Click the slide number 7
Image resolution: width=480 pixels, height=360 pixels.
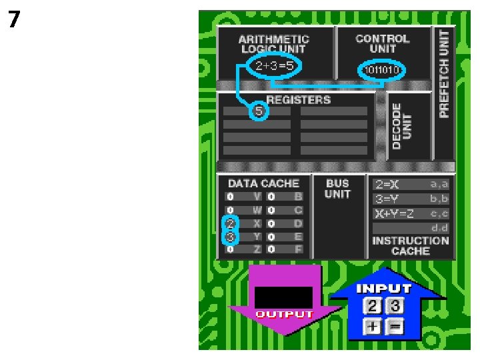click(x=14, y=20)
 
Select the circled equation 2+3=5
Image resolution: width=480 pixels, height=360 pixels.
click(x=274, y=66)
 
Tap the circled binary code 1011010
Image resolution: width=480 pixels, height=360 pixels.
click(x=382, y=70)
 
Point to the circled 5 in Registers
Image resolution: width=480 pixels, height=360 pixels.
click(x=259, y=111)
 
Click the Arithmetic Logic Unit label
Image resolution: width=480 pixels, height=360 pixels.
click(x=274, y=44)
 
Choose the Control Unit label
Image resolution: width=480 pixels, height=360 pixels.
click(x=382, y=43)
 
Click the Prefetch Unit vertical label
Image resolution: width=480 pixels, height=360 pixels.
click(x=444, y=73)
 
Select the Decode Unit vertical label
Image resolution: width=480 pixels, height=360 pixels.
click(x=402, y=126)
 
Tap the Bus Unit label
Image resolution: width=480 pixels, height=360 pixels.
click(x=338, y=189)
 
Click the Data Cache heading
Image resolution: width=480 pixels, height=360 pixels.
click(x=263, y=183)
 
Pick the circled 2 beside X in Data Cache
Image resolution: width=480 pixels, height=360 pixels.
click(x=231, y=223)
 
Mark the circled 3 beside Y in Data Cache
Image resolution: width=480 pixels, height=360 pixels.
click(x=231, y=237)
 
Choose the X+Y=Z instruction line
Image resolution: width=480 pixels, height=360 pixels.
click(x=393, y=213)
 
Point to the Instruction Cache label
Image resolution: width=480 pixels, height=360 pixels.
click(x=410, y=246)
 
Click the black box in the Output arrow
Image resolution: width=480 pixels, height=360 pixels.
click(x=283, y=297)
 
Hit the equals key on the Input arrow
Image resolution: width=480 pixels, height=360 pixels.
click(x=395, y=327)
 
